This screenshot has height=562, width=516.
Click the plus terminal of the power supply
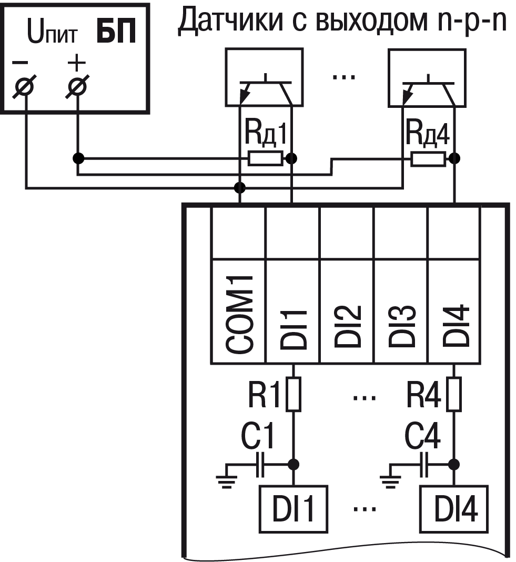[x=77, y=86]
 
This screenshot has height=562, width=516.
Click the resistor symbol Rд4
[x=426, y=158]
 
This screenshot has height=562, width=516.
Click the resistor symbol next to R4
[x=456, y=394]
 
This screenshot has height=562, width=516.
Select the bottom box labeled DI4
[x=456, y=509]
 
